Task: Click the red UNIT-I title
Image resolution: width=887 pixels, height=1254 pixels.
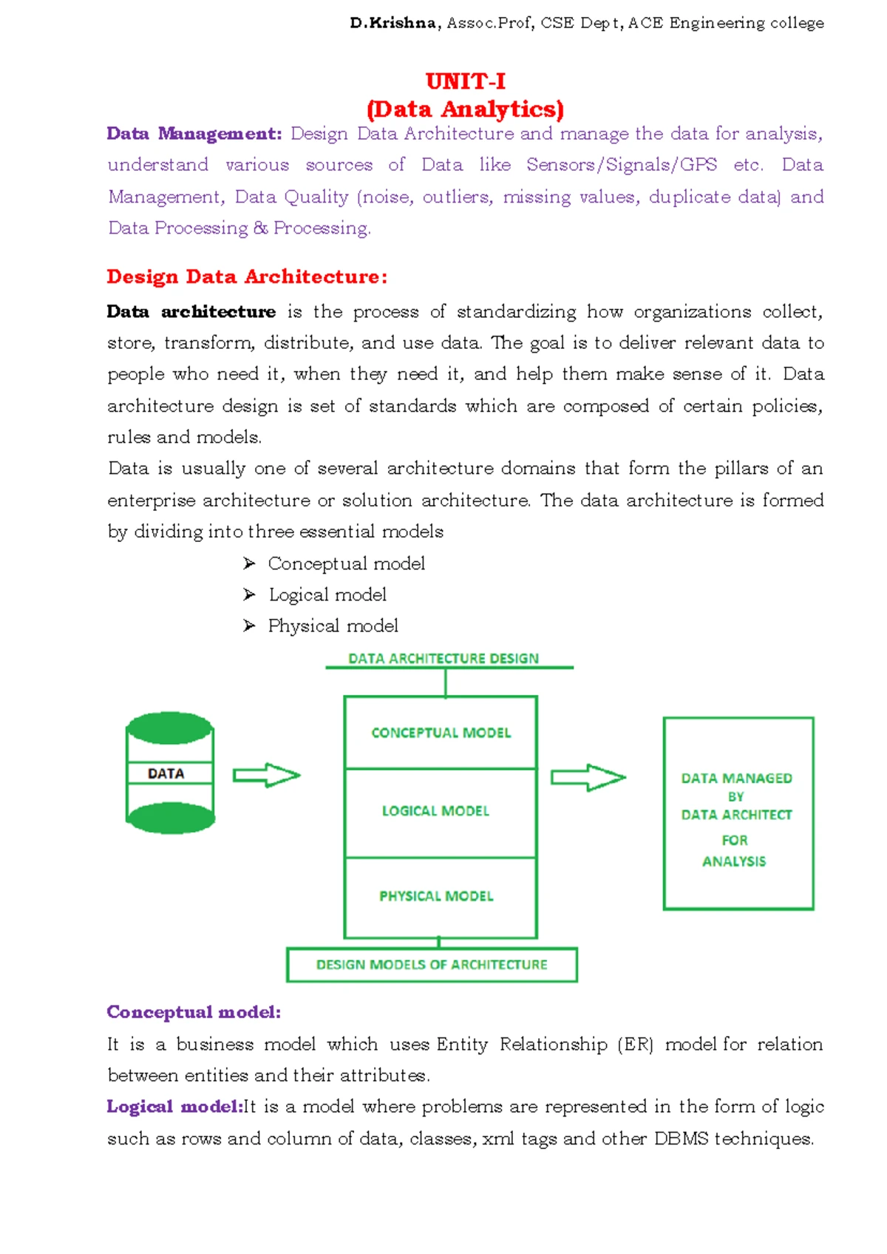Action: click(465, 81)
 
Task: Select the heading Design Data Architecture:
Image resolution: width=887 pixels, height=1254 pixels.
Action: click(247, 277)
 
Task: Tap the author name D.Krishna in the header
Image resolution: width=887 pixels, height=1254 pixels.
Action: click(392, 23)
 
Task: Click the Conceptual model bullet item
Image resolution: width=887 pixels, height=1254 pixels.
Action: click(346, 563)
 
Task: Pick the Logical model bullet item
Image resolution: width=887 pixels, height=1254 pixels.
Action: click(327, 594)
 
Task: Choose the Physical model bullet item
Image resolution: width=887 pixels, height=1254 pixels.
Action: click(333, 626)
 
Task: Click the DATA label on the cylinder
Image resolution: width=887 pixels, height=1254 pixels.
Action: click(166, 773)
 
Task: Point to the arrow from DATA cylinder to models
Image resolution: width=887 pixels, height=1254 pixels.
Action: click(266, 775)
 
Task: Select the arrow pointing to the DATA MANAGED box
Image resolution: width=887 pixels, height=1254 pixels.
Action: click(588, 777)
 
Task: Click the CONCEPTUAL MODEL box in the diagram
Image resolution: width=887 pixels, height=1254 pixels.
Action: click(441, 733)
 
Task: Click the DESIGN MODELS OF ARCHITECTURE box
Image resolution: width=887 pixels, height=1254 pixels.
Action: click(432, 965)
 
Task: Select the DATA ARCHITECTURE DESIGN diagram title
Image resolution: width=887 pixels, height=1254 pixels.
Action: click(443, 658)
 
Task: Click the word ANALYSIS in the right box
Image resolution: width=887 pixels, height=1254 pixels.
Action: click(734, 861)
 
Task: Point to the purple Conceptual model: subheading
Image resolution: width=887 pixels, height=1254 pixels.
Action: click(194, 1011)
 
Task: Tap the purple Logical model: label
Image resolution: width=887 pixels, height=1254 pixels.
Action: click(174, 1106)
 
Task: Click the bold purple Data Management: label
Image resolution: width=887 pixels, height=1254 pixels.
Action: click(194, 134)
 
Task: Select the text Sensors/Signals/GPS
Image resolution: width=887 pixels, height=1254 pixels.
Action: click(622, 165)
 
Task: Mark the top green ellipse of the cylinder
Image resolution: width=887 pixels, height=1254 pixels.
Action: click(170, 728)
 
